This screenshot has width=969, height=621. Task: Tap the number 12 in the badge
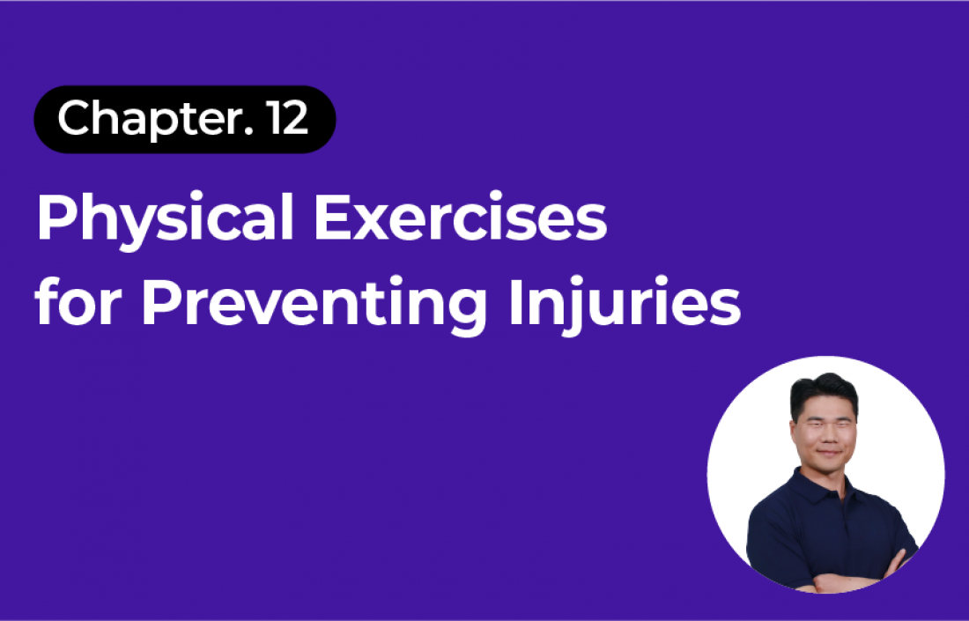287,118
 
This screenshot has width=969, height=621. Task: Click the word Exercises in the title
461,218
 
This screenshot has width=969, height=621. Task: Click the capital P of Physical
57,218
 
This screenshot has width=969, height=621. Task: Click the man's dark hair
823,393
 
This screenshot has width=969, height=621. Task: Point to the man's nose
823,436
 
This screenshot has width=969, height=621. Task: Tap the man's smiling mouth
825,453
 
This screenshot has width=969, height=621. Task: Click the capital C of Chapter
75,118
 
